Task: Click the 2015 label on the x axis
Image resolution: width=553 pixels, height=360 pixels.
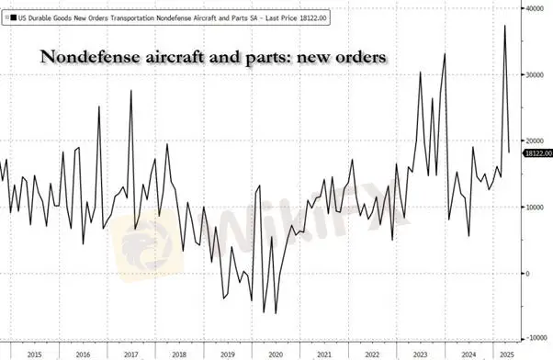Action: (35, 354)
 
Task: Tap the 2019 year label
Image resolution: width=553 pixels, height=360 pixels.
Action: (228, 354)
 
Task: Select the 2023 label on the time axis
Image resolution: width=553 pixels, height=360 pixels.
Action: (421, 354)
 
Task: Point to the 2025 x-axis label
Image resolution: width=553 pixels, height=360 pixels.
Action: (507, 354)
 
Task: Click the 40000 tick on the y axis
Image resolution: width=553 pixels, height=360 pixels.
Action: (535, 8)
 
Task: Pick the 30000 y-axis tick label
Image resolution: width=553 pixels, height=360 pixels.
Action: (535, 74)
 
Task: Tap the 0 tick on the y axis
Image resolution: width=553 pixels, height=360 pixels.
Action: (528, 274)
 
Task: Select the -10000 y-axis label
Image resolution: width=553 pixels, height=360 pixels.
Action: (536, 338)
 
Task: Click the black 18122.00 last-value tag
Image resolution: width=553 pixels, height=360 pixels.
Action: (538, 153)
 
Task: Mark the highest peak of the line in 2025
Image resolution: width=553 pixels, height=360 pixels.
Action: (505, 26)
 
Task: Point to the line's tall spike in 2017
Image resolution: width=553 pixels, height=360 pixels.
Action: (131, 90)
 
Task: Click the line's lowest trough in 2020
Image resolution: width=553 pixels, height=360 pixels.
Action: (276, 313)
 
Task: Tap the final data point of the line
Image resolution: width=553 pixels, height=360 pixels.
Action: (509, 152)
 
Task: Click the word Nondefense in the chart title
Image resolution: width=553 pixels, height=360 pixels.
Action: (90, 57)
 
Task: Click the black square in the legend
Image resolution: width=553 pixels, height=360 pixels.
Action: (14, 17)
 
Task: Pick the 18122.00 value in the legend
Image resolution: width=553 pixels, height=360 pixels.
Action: (313, 18)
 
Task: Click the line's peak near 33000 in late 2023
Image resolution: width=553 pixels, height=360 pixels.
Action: (445, 53)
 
